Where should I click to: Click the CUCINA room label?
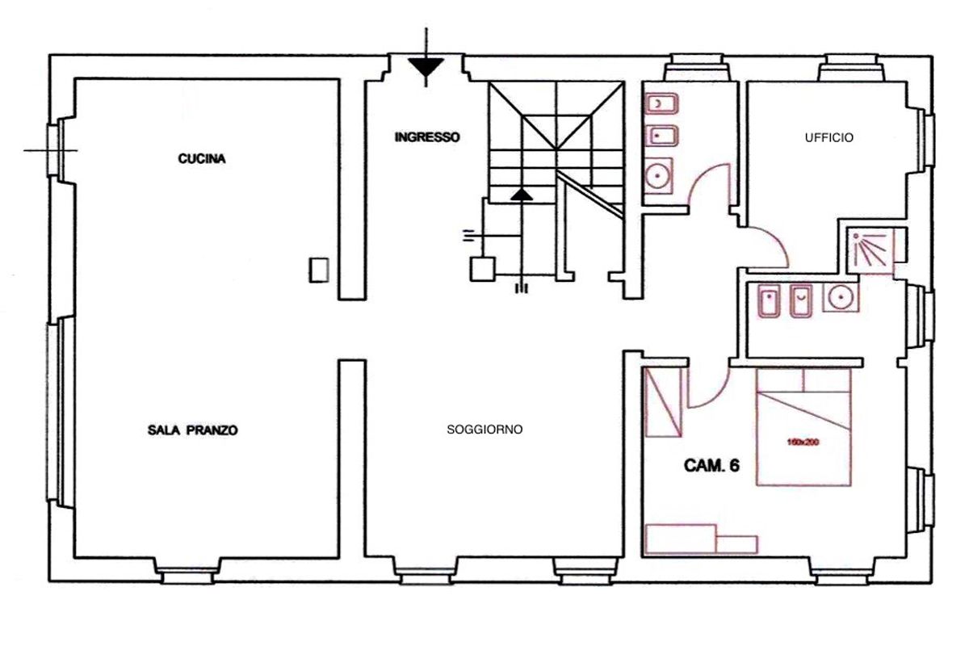pos(202,159)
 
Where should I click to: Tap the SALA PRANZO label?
pos(192,430)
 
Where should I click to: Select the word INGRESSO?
pos(427,137)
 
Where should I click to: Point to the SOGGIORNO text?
pos(484,430)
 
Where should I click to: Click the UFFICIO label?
pos(828,137)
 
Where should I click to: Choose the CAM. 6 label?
pos(711,466)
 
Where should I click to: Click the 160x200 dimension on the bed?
pos(803,443)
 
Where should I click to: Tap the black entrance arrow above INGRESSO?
pos(426,67)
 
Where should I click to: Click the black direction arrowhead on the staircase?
pos(522,195)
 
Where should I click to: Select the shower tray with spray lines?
pos(870,251)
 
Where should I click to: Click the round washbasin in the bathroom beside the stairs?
pos(658,176)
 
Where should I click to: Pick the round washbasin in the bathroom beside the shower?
pos(841,297)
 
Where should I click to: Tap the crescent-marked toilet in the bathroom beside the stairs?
pos(661,103)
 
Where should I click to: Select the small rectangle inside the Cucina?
pos(319,270)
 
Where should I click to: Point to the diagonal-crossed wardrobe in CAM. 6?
pos(663,402)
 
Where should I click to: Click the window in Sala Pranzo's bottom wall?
pos(187,576)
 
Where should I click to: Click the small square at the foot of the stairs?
pos(483,269)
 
